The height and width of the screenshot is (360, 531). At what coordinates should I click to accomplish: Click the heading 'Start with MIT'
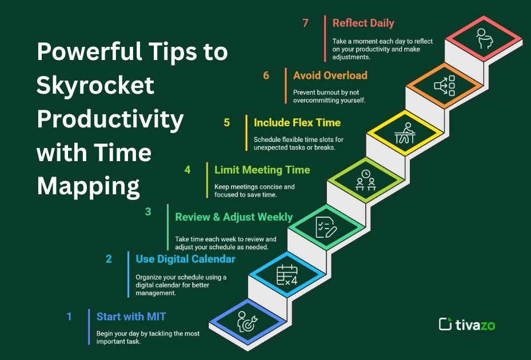(x=131, y=316)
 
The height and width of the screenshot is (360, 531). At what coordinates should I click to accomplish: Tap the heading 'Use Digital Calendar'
(x=185, y=259)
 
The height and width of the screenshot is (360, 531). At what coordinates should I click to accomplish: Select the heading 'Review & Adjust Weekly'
(x=234, y=217)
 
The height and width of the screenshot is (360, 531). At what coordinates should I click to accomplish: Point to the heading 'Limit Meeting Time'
(x=262, y=170)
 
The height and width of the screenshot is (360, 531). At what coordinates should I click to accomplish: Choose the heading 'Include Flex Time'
(x=297, y=122)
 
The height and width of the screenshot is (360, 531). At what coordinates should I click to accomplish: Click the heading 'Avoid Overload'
(x=330, y=75)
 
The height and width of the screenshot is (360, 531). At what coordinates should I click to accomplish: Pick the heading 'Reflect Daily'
(x=363, y=23)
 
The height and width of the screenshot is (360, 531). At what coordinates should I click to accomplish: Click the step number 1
(x=69, y=316)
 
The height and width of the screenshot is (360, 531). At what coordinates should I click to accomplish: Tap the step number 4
(x=187, y=170)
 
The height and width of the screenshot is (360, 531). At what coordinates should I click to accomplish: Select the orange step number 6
(x=266, y=75)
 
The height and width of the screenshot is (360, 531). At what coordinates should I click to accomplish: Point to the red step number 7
(x=306, y=23)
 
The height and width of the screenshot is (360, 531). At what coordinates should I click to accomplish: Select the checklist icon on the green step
(x=325, y=227)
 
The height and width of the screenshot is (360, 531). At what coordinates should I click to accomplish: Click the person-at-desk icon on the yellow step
(x=405, y=134)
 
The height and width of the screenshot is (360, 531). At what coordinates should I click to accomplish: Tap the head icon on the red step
(x=484, y=39)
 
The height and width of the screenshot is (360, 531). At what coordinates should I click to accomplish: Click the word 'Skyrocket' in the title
(x=95, y=86)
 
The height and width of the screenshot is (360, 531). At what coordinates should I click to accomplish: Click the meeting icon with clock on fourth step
(x=365, y=181)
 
